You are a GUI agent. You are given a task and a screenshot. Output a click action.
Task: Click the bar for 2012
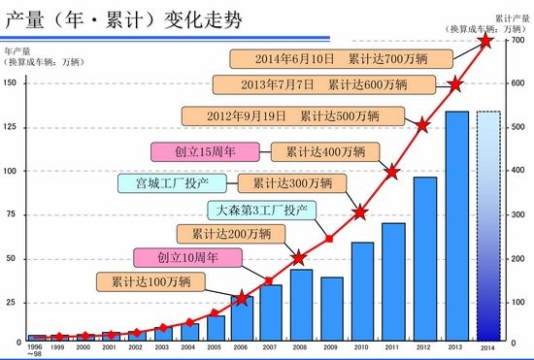point(425,257)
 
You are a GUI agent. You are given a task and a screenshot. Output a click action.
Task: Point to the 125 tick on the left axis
point(11,126)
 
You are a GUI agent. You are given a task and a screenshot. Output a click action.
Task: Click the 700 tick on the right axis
point(518,40)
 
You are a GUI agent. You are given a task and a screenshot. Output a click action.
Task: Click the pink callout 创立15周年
point(206,151)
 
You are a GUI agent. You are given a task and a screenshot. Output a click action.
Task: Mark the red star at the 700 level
point(487,41)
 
